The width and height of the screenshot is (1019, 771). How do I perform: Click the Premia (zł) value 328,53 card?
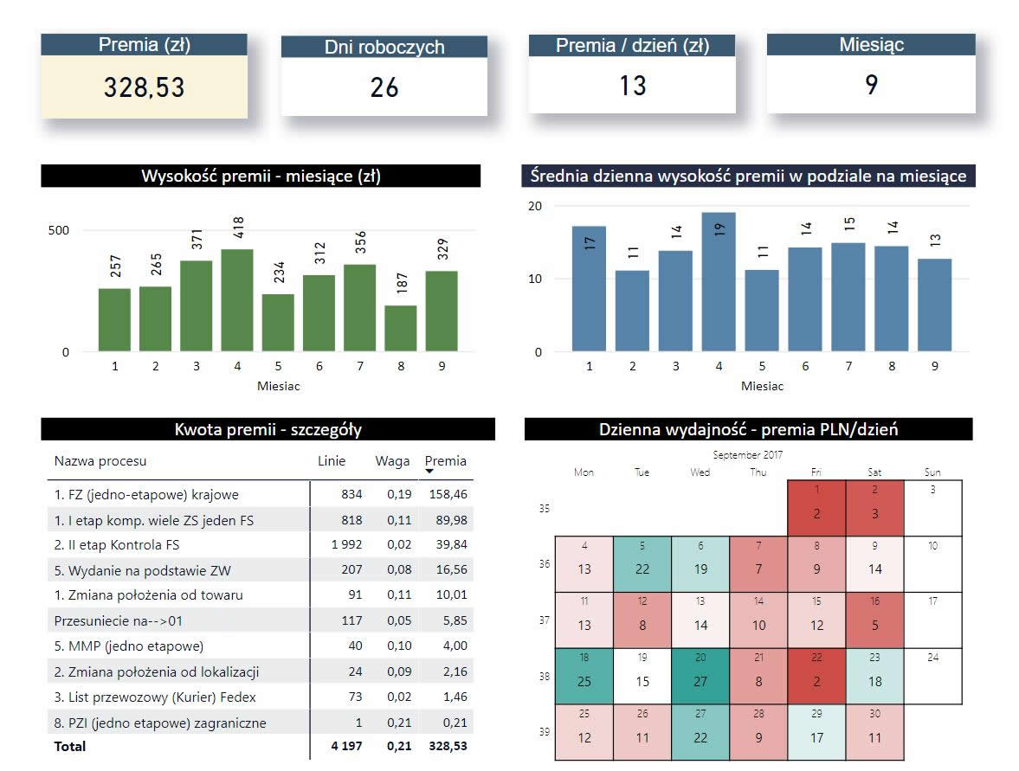point(144,87)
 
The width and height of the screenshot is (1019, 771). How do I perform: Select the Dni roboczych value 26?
point(384,87)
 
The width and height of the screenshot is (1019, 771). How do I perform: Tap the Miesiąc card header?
point(871,45)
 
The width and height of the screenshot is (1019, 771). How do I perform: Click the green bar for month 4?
point(237,300)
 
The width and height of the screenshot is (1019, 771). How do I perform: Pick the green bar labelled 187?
point(401,328)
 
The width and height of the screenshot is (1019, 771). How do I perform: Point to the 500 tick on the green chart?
point(58,230)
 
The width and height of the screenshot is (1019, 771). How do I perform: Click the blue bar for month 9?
point(934,305)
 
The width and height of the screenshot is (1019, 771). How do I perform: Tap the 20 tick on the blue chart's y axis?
point(535,206)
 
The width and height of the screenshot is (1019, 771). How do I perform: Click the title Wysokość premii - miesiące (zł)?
point(261,177)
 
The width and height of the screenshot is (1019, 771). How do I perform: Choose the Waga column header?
point(392,461)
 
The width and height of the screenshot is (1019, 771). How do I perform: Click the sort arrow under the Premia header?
point(429,472)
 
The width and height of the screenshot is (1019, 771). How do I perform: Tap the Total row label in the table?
point(70,746)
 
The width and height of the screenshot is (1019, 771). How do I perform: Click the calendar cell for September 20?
point(700,676)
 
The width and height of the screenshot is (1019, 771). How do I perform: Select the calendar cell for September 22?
point(816,676)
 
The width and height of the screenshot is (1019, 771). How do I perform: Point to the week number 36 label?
point(545,564)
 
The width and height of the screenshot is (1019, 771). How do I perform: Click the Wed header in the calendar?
point(700,472)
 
